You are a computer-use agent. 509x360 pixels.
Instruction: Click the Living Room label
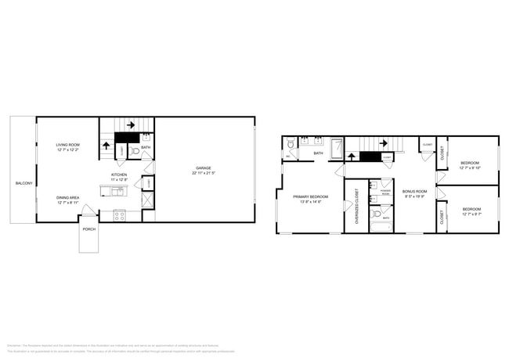[x=68, y=146]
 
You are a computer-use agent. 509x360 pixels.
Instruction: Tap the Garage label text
[x=204, y=168]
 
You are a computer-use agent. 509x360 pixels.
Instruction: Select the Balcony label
[x=23, y=183]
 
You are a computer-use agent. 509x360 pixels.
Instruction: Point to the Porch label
[x=88, y=229]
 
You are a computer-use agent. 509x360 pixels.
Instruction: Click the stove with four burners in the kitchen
[x=120, y=215]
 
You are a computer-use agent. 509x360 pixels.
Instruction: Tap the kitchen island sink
[x=117, y=190]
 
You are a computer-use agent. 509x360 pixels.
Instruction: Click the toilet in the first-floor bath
[x=135, y=151]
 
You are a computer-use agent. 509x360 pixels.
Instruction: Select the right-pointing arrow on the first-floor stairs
[x=130, y=124]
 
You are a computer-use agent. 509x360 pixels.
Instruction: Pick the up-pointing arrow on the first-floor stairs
[x=106, y=146]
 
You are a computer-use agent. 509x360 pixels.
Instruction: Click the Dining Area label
[x=67, y=198]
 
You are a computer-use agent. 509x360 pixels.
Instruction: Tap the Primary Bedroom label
[x=311, y=196]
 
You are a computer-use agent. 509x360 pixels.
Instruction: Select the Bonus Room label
[x=414, y=191]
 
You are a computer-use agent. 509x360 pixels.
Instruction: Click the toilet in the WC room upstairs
[x=290, y=144]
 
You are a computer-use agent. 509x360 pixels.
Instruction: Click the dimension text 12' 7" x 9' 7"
[x=471, y=214]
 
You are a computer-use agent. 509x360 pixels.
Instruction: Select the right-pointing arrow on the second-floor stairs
[x=383, y=143]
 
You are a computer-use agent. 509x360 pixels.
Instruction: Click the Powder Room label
[x=385, y=191]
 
